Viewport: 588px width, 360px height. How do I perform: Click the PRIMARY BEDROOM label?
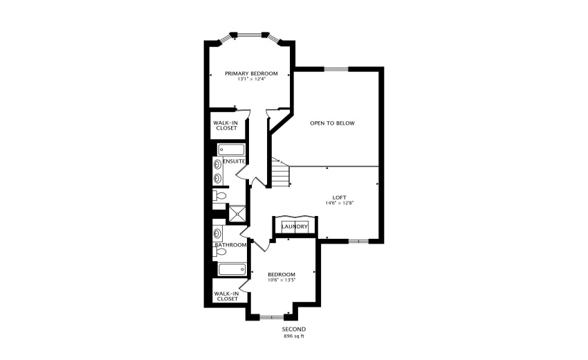coord(251,73)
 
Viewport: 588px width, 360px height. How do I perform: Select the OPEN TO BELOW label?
coord(332,123)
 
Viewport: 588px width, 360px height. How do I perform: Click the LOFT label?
coord(339,197)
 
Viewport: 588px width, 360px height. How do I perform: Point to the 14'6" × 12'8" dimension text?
coord(339,203)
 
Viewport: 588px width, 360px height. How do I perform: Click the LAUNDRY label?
coord(295,226)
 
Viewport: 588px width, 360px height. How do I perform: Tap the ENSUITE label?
coord(234,161)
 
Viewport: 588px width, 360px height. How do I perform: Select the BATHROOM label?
coord(230,245)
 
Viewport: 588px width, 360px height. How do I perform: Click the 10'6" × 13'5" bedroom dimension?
coord(282,280)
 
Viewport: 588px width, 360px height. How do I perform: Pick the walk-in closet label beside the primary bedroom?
coord(226,125)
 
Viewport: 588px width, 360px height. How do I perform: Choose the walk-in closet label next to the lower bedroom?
coord(227,296)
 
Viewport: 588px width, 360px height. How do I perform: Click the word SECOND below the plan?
coord(294,329)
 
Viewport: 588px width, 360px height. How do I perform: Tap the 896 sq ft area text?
coord(294,336)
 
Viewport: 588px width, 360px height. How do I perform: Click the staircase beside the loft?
coord(279,174)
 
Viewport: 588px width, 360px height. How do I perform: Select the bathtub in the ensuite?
coord(230,150)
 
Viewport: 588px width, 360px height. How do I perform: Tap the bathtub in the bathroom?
coord(230,269)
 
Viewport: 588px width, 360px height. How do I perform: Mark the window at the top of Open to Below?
coord(336,68)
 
